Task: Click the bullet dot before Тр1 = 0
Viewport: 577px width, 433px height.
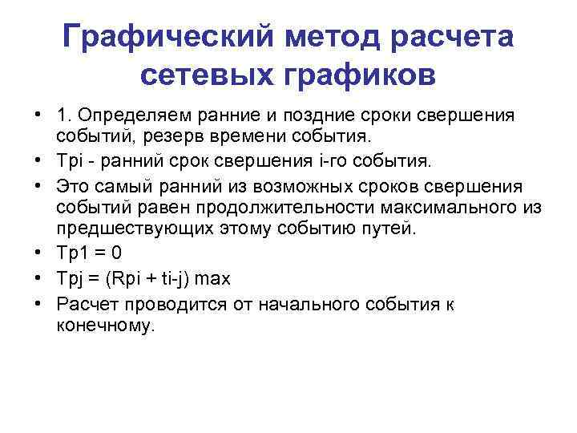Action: [38, 253]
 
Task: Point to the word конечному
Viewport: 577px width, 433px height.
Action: [103, 326]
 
